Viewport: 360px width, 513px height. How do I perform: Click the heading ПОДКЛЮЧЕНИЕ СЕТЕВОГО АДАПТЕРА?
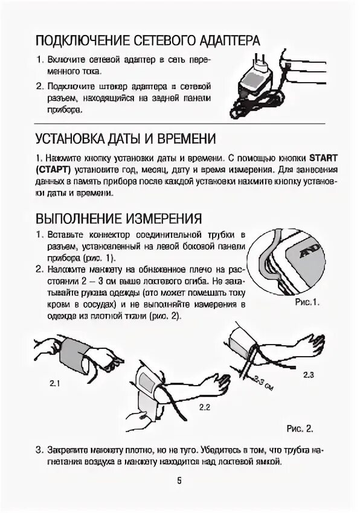[x=147, y=40]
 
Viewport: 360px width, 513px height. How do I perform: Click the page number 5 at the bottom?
[x=179, y=480]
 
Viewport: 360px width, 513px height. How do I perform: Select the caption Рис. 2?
[x=300, y=429]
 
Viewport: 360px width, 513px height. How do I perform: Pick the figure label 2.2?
[x=204, y=407]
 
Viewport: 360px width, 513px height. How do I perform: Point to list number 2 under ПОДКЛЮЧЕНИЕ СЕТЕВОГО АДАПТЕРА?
[x=38, y=86]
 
